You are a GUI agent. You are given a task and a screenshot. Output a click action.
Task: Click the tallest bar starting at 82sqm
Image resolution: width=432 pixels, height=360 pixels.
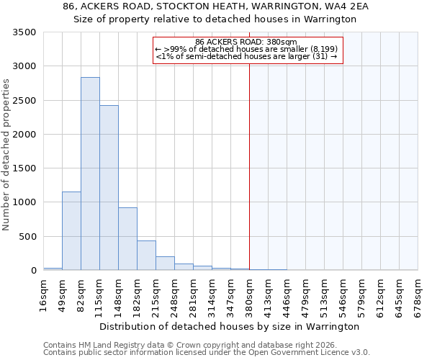pyautogui.click(x=90, y=174)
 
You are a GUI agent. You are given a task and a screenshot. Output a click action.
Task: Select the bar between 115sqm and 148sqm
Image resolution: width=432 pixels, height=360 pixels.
pyautogui.click(x=109, y=188)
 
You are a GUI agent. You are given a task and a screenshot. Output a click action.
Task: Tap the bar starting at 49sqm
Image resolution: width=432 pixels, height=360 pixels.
pyautogui.click(x=71, y=231)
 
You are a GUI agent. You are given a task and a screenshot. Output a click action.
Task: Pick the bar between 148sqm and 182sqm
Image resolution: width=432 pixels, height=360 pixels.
pyautogui.click(x=127, y=239)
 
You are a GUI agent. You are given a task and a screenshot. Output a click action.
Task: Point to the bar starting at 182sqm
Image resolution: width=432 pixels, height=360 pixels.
pyautogui.click(x=146, y=256)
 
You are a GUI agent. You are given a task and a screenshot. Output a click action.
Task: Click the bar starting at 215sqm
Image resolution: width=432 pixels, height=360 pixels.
pyautogui.click(x=165, y=264)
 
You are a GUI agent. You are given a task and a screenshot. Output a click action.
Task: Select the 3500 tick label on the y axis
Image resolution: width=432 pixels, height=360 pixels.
pyautogui.click(x=24, y=32)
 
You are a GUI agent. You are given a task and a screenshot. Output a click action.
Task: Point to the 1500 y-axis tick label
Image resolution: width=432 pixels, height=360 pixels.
pyautogui.click(x=24, y=168)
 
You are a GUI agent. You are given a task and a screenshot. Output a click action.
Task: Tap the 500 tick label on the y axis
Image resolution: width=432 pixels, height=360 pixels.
pyautogui.click(x=27, y=237)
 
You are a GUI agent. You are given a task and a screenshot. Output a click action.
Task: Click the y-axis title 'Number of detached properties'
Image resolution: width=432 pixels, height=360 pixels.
pyautogui.click(x=6, y=155)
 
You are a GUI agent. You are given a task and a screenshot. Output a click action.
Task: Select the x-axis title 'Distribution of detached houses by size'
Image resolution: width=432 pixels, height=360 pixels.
pyautogui.click(x=229, y=326)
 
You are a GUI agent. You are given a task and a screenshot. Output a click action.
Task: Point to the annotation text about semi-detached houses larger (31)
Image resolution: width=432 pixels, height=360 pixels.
pyautogui.click(x=247, y=56)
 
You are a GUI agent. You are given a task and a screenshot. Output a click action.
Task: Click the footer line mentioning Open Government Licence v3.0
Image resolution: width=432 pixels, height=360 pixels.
pyautogui.click(x=207, y=352)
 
